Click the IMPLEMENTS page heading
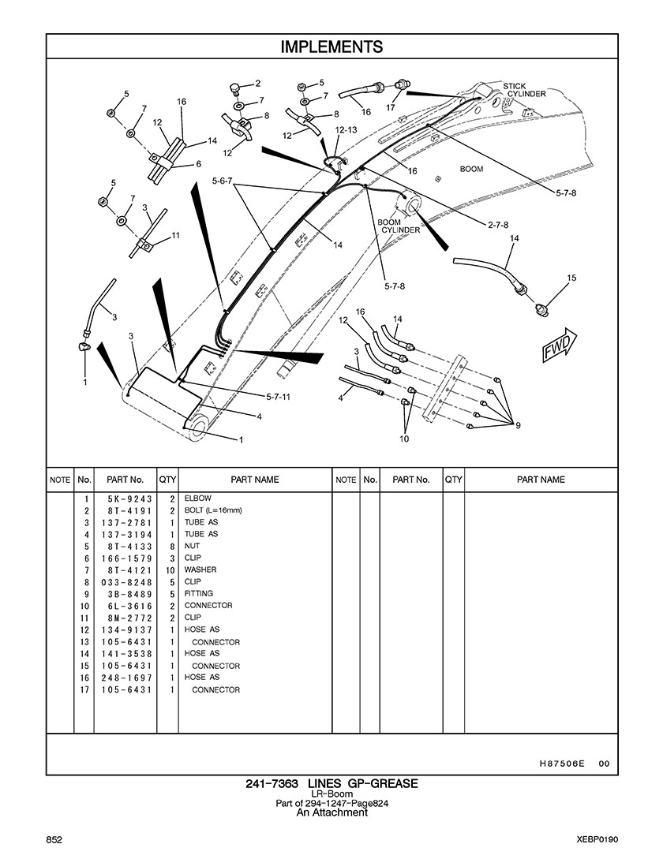(331, 47)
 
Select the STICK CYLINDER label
(526, 90)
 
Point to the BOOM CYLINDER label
(399, 226)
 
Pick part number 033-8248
(125, 582)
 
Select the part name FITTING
(198, 594)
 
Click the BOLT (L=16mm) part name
(213, 511)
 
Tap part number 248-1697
(125, 678)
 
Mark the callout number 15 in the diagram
(571, 278)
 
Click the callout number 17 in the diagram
(390, 107)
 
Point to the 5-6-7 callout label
(222, 181)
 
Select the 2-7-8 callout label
(497, 225)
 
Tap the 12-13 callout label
(346, 129)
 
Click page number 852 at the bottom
(54, 838)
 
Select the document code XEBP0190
(597, 838)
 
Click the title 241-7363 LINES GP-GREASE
(331, 783)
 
